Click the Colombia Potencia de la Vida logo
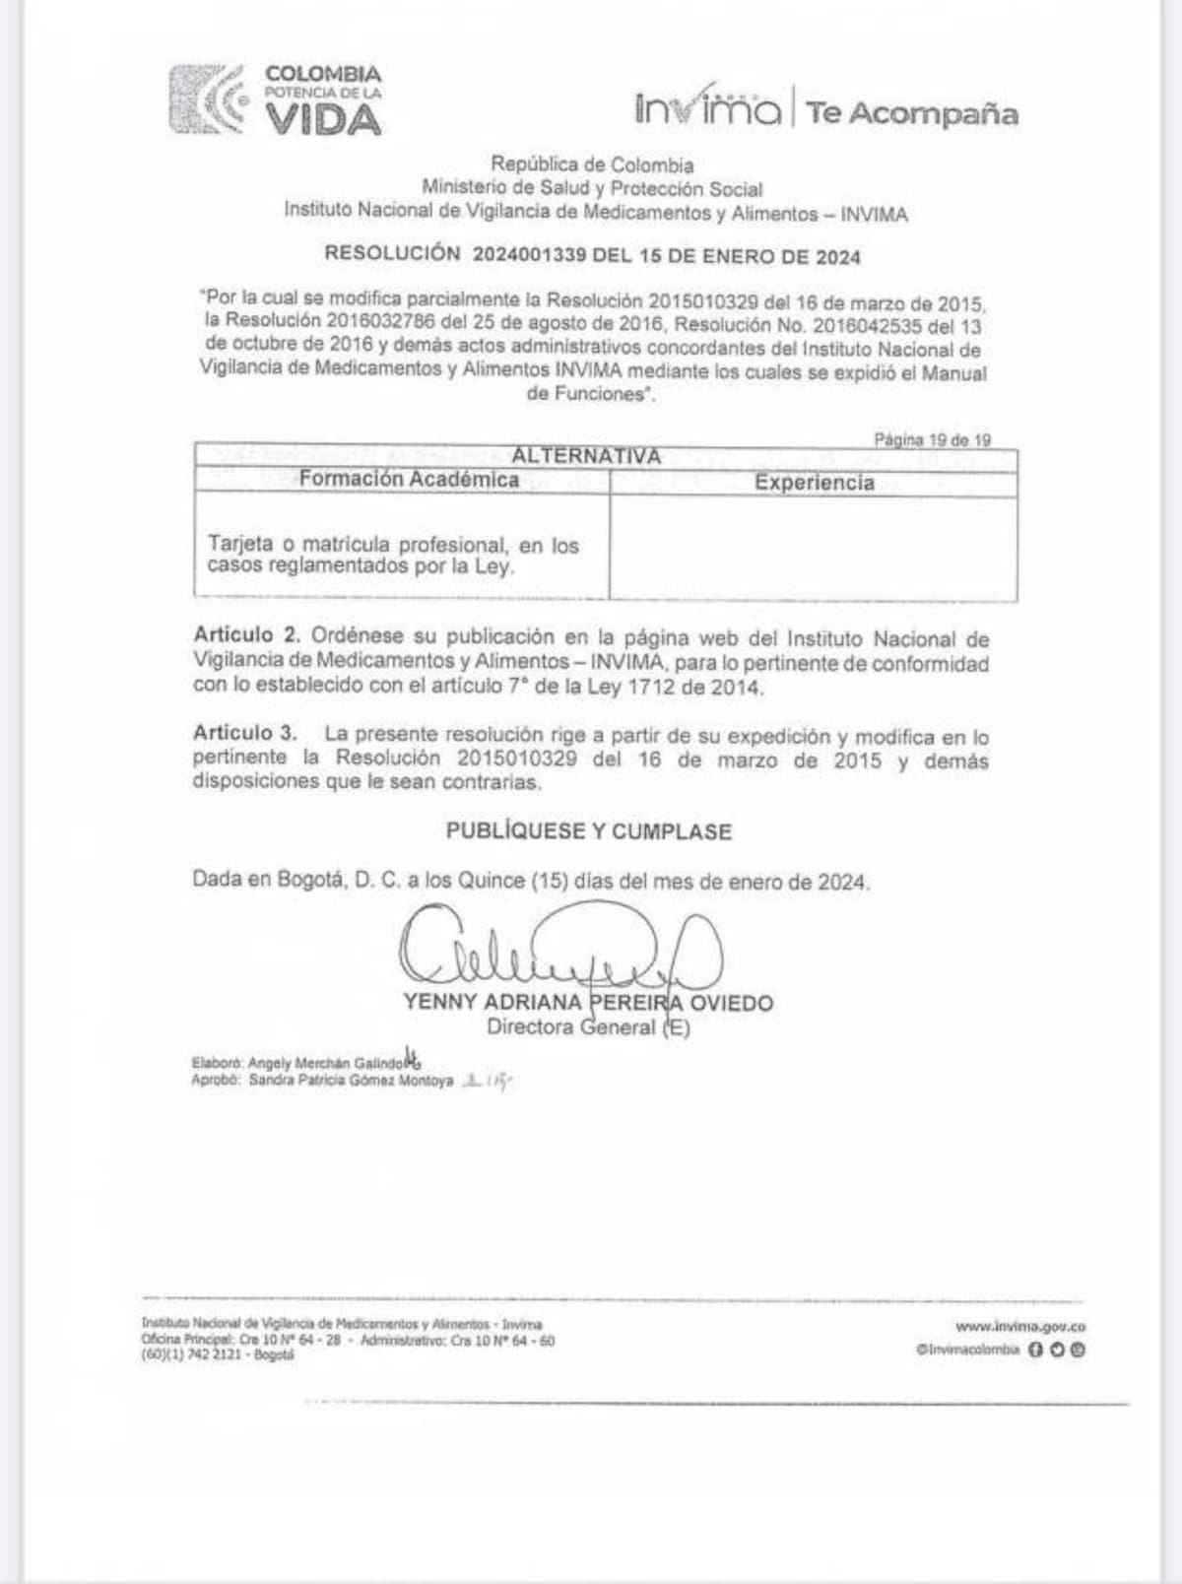pos(276,99)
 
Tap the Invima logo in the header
pos(708,106)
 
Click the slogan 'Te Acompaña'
pos(912,113)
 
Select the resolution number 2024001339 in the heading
pos(529,255)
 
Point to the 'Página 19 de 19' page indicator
pos(932,440)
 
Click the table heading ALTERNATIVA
pos(586,456)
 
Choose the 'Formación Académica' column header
pos(409,479)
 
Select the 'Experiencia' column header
pos(814,483)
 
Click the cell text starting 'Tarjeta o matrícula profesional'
pos(393,556)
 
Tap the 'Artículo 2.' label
pos(246,634)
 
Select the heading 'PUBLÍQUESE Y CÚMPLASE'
pos(588,831)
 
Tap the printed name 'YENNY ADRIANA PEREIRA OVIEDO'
pos(588,1003)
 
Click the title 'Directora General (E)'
pos(588,1027)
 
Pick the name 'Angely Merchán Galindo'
pos(326,1064)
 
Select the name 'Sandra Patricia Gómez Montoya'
pos(351,1081)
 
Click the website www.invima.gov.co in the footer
pos(1019,1327)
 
